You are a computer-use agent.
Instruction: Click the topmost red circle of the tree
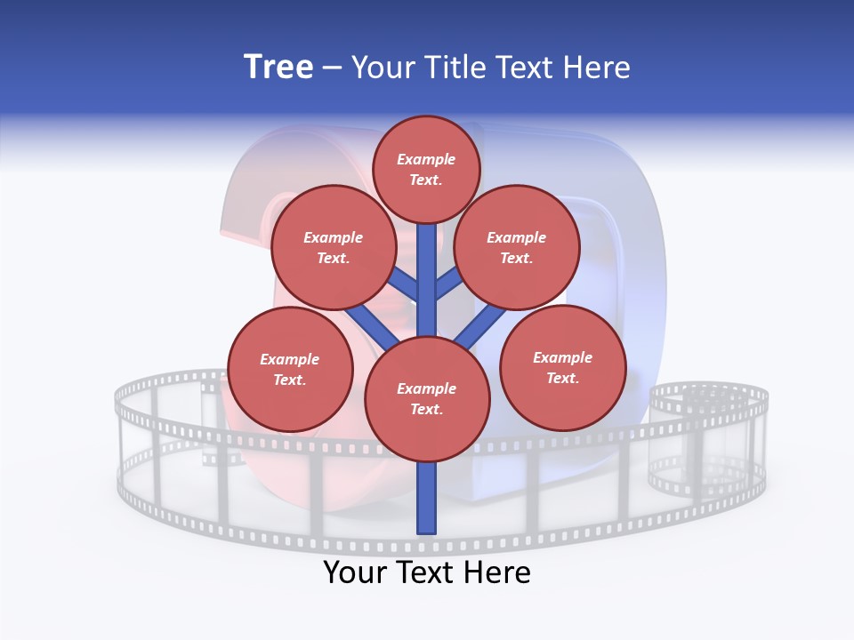pyautogui.click(x=426, y=169)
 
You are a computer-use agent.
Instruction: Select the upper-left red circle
pyautogui.click(x=333, y=248)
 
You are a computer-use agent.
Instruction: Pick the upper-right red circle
pyautogui.click(x=516, y=248)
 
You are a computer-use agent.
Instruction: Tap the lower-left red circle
pyautogui.click(x=290, y=370)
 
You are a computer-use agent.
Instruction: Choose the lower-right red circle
pyautogui.click(x=562, y=368)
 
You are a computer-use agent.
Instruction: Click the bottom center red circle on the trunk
pyautogui.click(x=427, y=399)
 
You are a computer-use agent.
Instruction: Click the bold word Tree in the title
pyautogui.click(x=278, y=67)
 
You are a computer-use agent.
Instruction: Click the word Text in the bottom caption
pyautogui.click(x=428, y=572)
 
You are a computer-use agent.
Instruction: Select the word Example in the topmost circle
pyautogui.click(x=426, y=159)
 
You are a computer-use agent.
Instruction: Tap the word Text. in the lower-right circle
pyautogui.click(x=562, y=378)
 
